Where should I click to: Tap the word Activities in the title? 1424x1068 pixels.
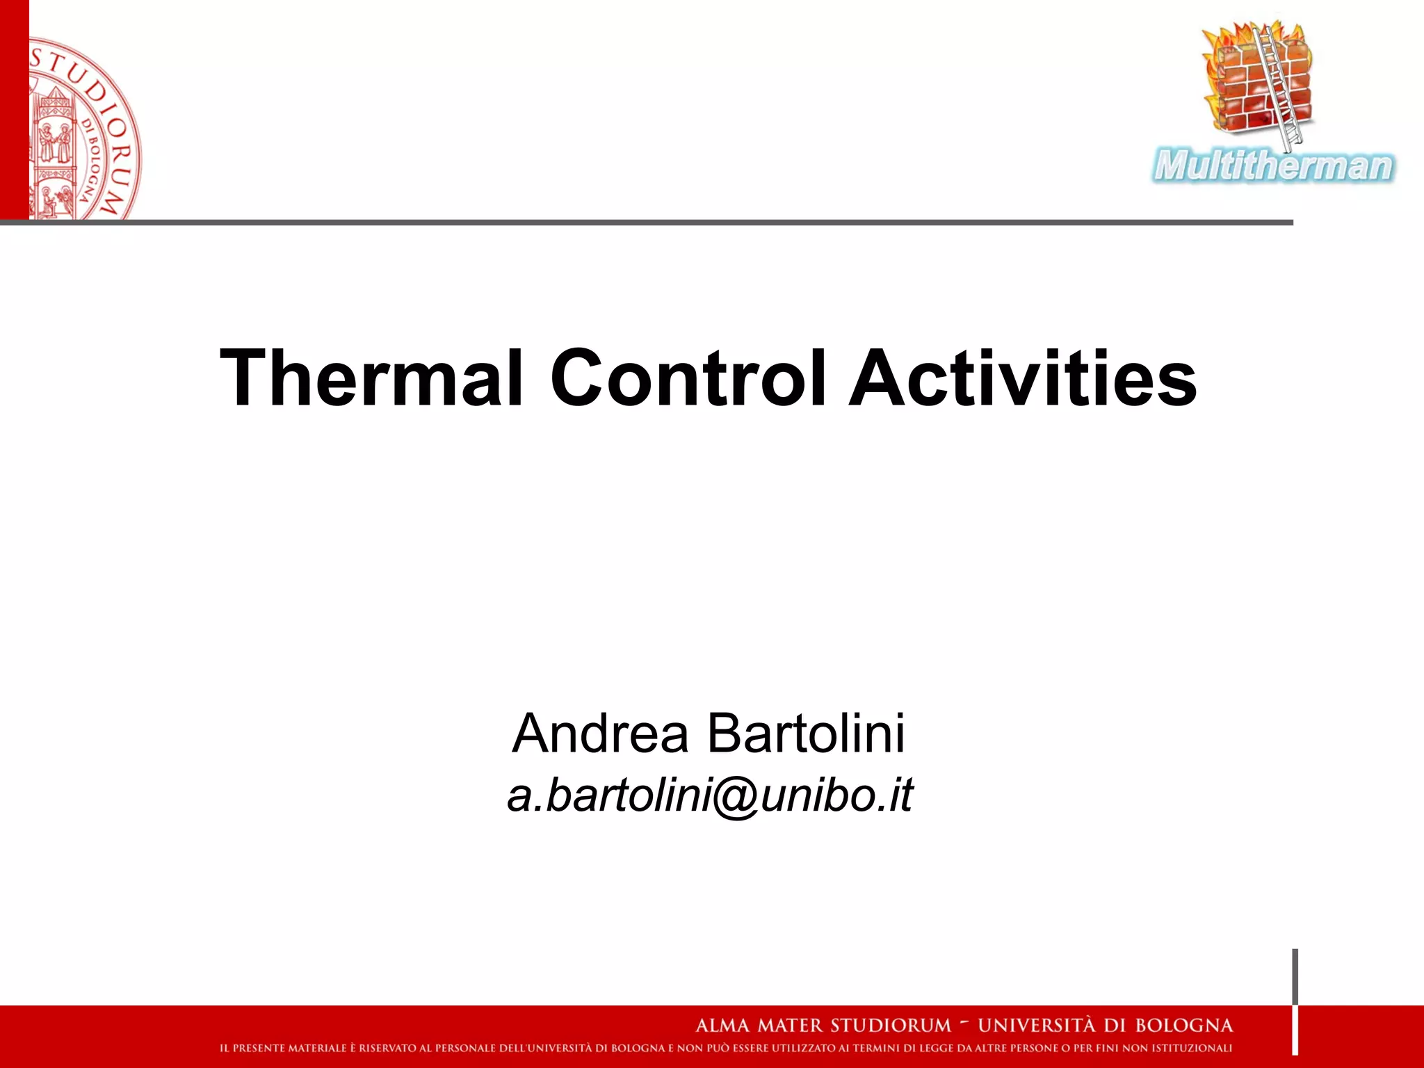[x=1023, y=378]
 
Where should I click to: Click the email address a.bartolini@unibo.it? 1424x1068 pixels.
[x=710, y=795]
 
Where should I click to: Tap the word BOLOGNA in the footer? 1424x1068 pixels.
[x=1183, y=1026]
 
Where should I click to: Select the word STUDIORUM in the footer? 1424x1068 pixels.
[x=891, y=1026]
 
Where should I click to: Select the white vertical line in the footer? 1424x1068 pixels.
[x=1295, y=1029]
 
